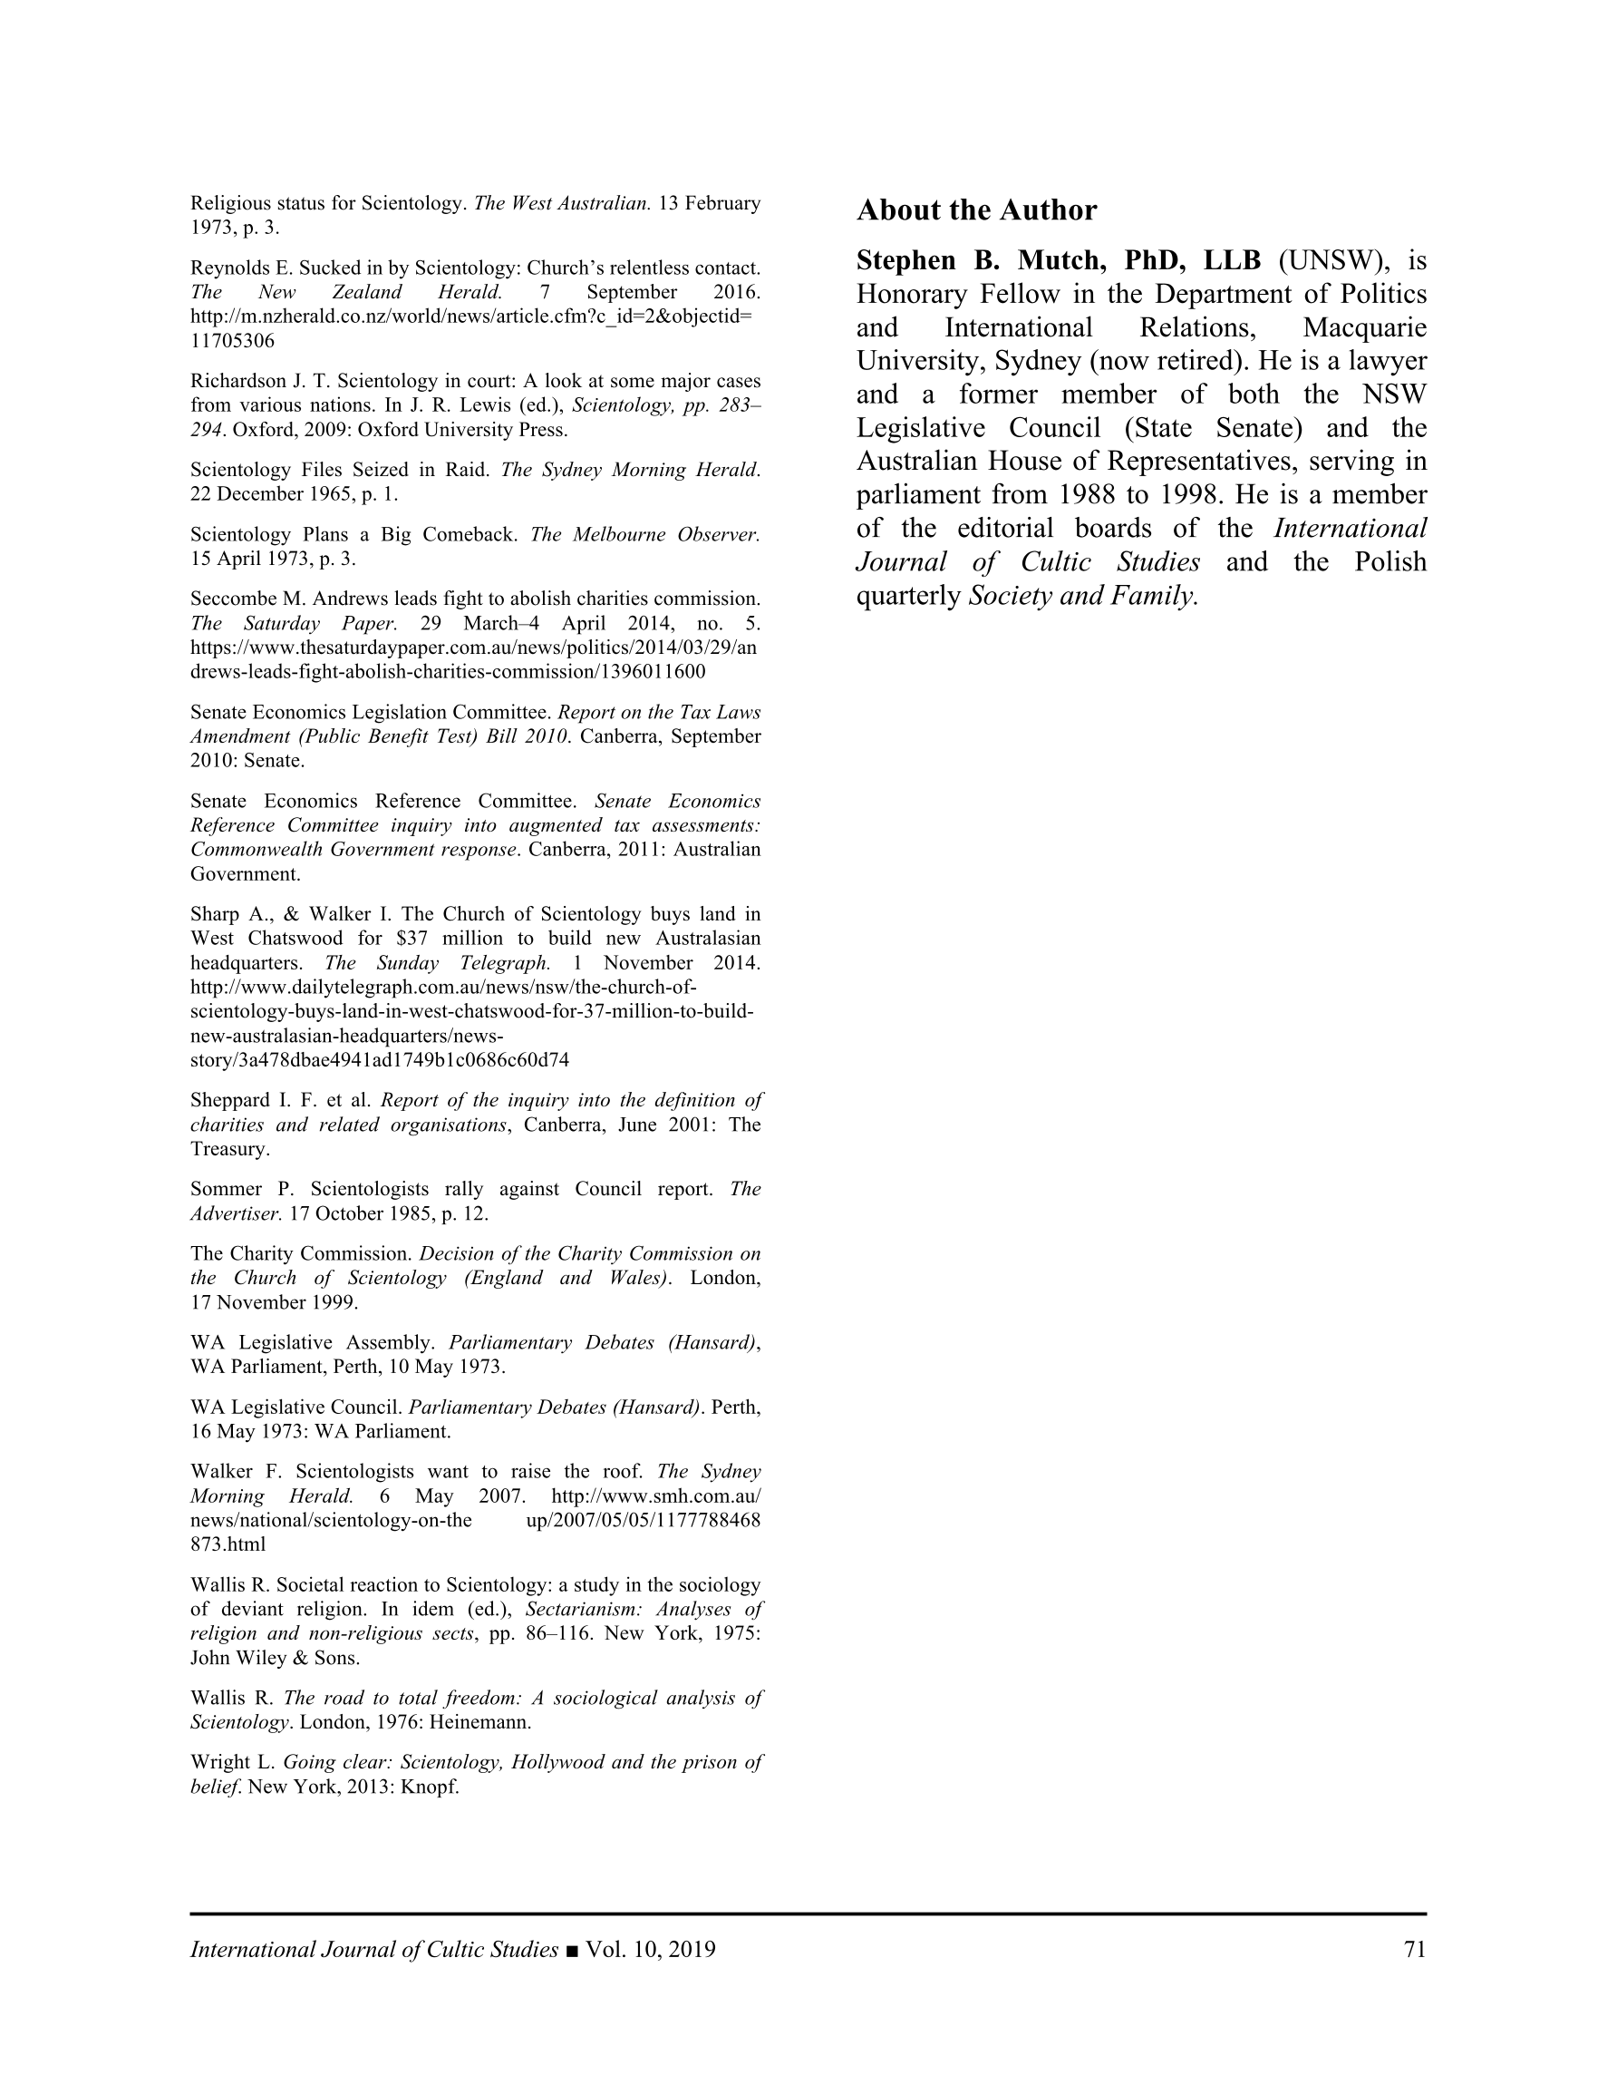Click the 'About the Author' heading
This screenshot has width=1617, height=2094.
click(x=976, y=210)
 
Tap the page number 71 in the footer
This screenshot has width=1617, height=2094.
click(x=1414, y=1949)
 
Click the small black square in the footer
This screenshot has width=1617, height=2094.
click(x=572, y=1950)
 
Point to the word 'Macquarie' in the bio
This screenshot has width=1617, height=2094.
click(x=1364, y=328)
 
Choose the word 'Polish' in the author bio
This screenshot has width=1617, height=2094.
click(x=1389, y=562)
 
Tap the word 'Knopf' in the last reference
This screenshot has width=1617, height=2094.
click(x=431, y=1787)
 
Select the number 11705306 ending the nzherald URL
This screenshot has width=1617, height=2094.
click(x=232, y=341)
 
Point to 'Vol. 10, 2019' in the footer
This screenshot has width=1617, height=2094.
click(x=650, y=1949)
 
